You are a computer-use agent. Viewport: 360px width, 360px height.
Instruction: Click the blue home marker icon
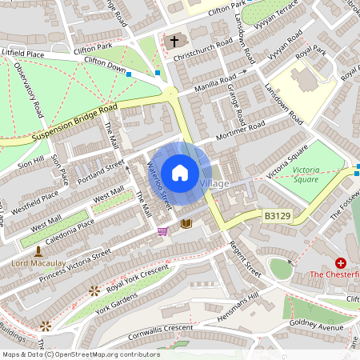coord(180,173)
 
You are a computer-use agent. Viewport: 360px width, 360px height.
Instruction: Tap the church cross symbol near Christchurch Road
coord(174,40)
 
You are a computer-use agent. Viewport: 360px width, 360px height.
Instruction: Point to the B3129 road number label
coord(275,215)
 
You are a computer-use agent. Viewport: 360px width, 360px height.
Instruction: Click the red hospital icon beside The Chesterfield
coord(341,262)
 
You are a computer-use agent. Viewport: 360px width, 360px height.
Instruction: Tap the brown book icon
coord(186,224)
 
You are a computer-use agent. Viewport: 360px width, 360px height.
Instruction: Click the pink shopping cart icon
coord(163,231)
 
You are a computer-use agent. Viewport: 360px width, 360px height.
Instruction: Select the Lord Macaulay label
coord(37,262)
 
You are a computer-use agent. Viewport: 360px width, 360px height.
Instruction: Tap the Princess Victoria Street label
coord(68,265)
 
